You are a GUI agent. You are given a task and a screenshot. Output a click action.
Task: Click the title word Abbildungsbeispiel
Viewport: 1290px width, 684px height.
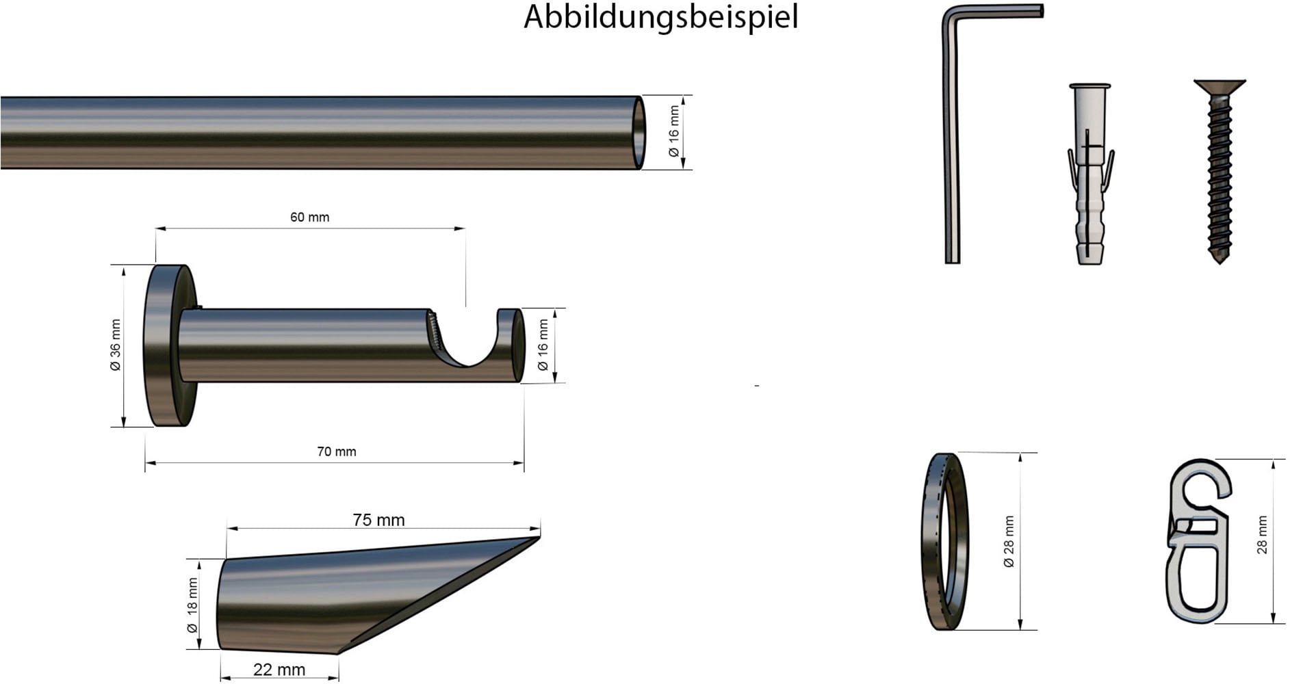point(660,17)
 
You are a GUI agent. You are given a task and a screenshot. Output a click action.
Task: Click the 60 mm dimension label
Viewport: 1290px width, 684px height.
point(309,218)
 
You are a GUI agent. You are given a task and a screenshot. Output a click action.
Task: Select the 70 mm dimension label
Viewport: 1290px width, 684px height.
point(336,451)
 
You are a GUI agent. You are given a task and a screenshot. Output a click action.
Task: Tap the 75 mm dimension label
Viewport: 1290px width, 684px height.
point(378,520)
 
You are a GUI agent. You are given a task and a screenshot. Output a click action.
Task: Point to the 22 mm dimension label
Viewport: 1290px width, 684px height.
point(279,670)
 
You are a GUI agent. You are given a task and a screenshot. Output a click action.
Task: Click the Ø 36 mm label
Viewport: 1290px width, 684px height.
point(116,345)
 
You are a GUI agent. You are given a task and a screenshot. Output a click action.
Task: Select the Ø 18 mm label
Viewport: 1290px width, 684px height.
point(192,605)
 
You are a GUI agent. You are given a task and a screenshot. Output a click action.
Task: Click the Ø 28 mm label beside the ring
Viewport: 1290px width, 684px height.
point(1009,541)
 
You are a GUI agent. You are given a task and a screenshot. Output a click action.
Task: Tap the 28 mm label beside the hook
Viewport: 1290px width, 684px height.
point(1262,534)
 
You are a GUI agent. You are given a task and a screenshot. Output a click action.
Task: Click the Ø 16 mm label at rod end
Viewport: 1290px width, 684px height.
point(674,131)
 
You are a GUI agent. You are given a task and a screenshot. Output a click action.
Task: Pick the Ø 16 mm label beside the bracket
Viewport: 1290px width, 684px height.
point(543,345)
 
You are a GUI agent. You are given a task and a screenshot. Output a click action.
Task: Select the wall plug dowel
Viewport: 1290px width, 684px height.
point(1089,174)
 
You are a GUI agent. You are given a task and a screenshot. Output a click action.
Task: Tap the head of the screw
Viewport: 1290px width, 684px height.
point(1220,86)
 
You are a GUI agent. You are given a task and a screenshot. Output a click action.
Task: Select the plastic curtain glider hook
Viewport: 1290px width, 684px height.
point(1198,540)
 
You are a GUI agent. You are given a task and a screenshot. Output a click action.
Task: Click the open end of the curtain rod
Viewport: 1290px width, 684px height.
point(638,133)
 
